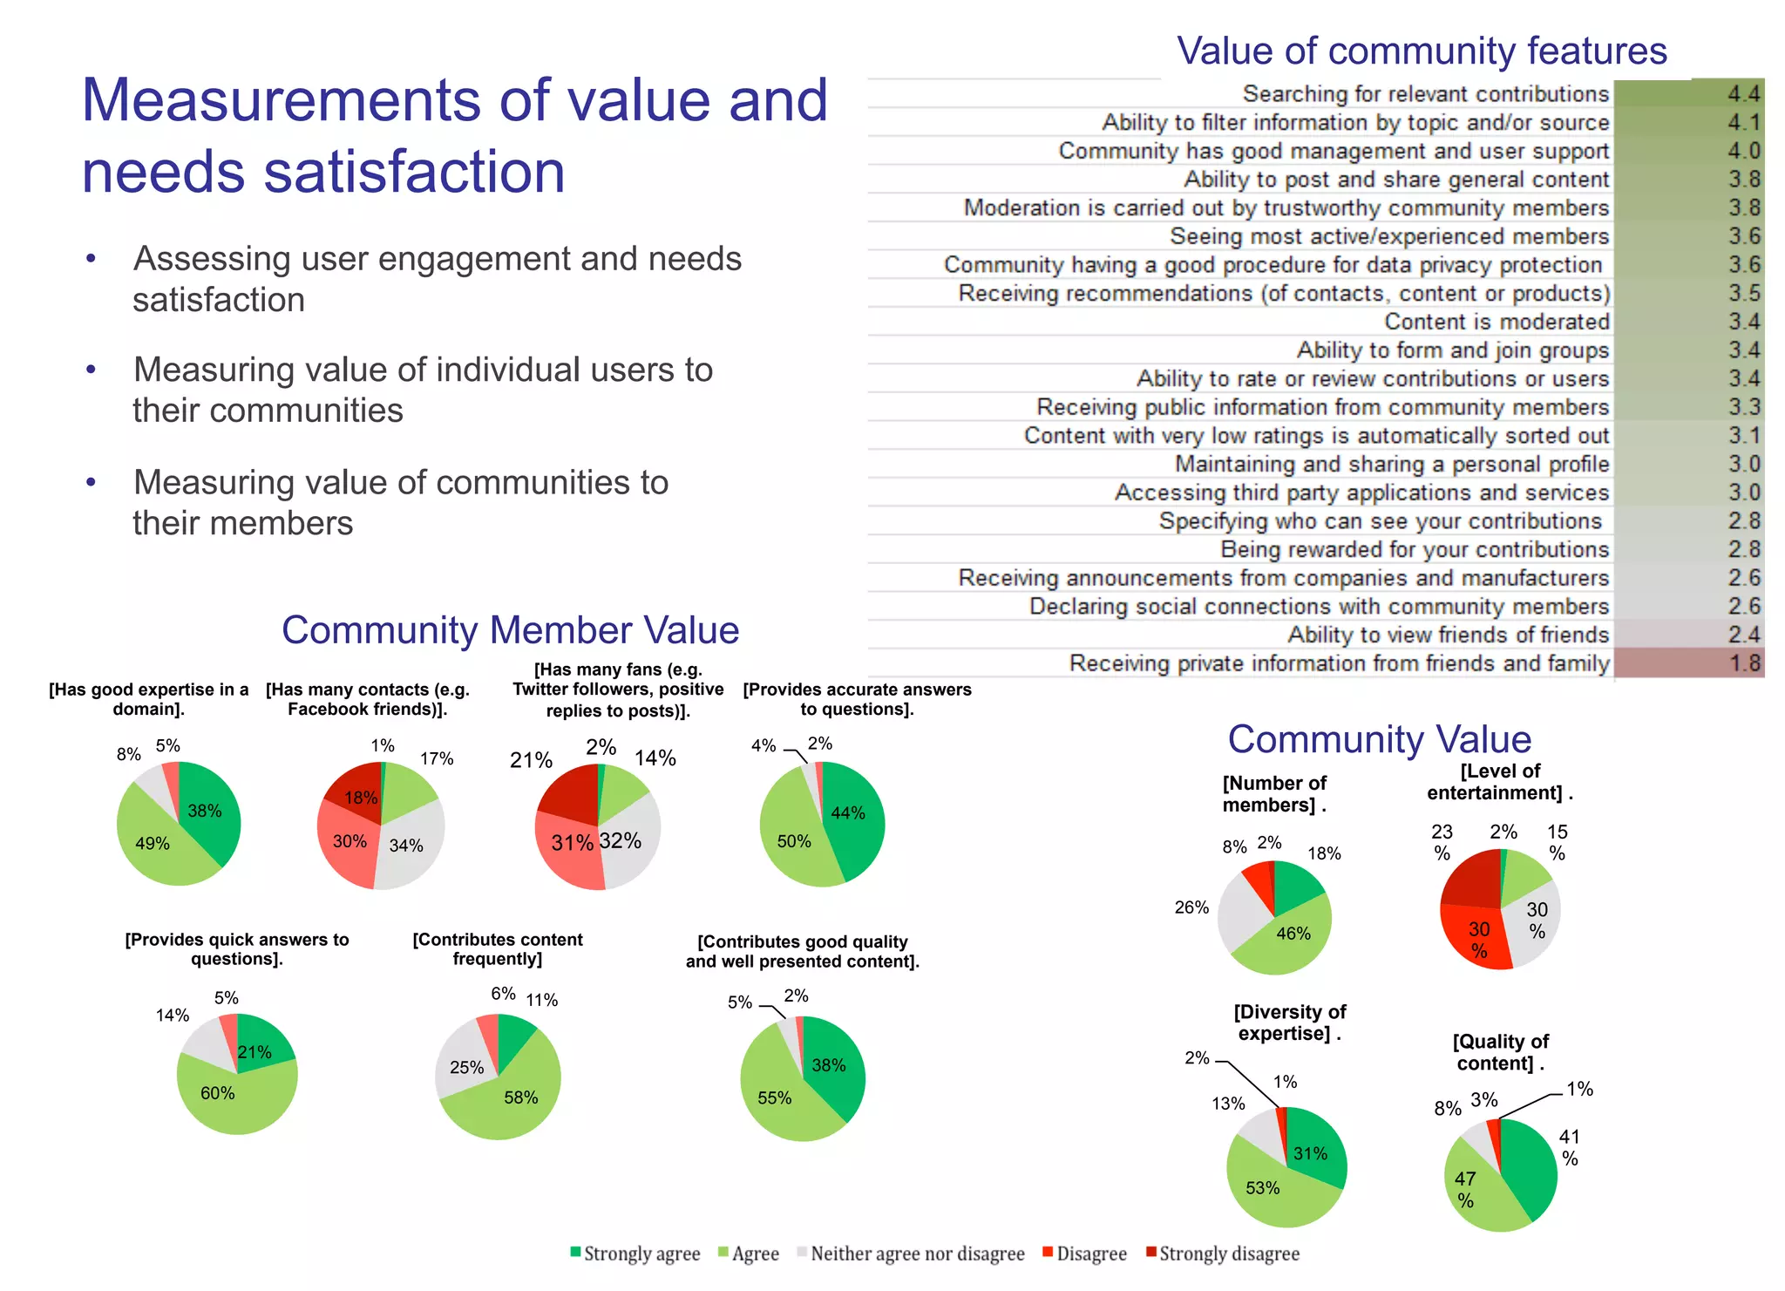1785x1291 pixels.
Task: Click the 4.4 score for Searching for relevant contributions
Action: (x=1743, y=93)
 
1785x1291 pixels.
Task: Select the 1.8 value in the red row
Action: (x=1744, y=663)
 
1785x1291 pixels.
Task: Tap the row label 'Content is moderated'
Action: (x=1496, y=322)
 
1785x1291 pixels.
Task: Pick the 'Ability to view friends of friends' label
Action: (x=1448, y=635)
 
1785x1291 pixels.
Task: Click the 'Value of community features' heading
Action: (x=1421, y=51)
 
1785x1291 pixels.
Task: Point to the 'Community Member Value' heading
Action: (x=510, y=629)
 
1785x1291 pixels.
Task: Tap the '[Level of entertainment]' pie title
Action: (x=1499, y=782)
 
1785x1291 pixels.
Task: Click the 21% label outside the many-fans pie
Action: (x=531, y=760)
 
